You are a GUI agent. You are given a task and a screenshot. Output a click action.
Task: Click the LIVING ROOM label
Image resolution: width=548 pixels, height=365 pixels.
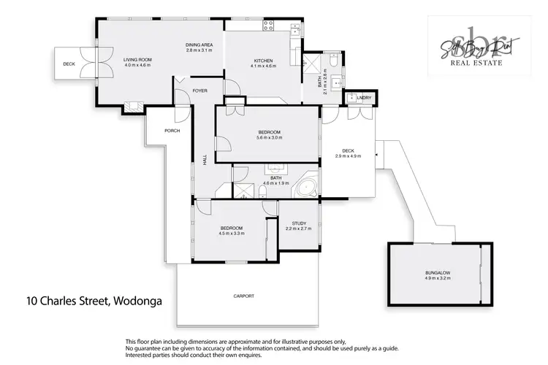point(137,60)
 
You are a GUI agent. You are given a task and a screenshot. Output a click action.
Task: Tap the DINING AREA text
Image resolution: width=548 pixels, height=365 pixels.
point(198,45)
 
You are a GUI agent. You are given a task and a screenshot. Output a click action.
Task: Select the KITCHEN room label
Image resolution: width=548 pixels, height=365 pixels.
point(262,60)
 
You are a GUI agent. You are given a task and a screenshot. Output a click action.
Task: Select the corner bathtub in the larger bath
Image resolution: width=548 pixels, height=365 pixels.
point(305,188)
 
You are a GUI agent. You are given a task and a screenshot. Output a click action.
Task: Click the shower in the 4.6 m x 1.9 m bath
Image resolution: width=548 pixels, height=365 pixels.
point(242,190)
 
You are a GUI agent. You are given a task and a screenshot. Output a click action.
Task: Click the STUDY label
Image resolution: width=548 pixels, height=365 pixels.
point(298,223)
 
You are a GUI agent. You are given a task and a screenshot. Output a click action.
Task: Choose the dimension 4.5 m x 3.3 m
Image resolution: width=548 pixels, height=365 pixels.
point(231,234)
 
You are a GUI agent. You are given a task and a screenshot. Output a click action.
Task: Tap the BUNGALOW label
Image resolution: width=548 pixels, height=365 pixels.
point(438,273)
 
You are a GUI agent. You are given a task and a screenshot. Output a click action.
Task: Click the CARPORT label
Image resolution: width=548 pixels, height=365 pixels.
point(244,296)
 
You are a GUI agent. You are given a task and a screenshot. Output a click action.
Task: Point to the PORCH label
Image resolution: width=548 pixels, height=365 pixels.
point(172,131)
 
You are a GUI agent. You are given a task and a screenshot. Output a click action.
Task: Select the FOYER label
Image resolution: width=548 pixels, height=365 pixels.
point(199,91)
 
